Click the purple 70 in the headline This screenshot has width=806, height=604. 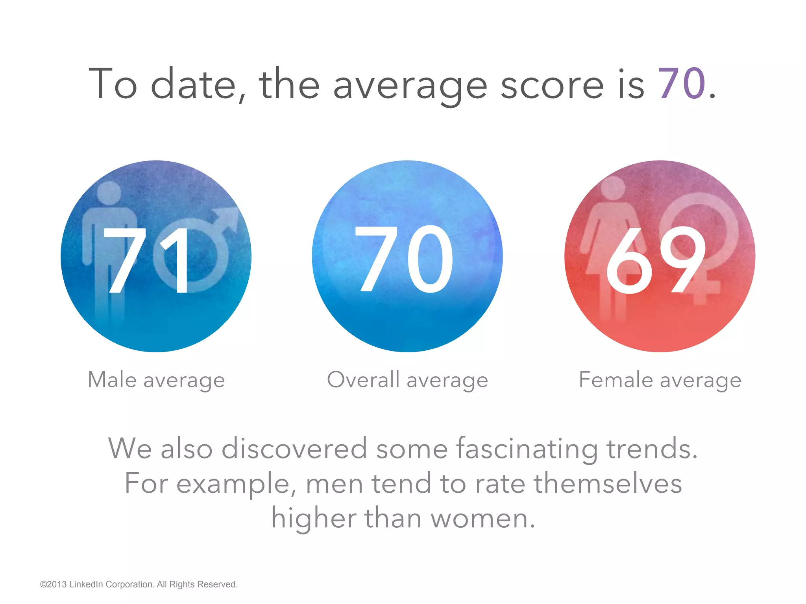(x=682, y=84)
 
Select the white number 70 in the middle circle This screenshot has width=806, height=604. (x=405, y=260)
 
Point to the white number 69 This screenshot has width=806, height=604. (x=656, y=260)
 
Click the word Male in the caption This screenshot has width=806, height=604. (x=112, y=380)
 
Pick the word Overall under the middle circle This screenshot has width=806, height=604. (x=363, y=380)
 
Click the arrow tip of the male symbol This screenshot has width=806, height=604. (x=232, y=214)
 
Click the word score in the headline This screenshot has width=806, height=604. (x=552, y=85)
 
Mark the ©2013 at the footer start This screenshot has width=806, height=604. (x=53, y=584)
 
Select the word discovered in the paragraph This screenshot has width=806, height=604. (x=294, y=448)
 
